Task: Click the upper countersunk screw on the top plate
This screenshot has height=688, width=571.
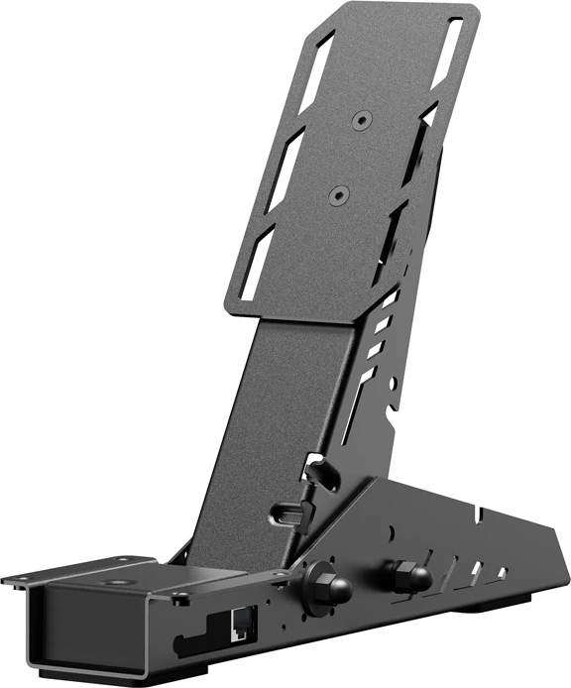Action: tap(360, 119)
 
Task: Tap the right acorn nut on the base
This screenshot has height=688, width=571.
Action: tap(407, 574)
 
